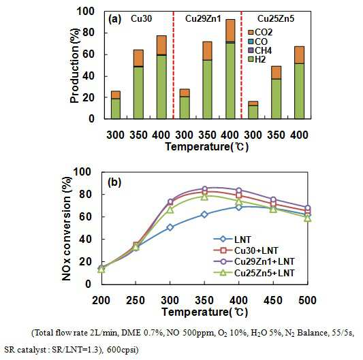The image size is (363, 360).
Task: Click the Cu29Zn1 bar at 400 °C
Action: (x=230, y=69)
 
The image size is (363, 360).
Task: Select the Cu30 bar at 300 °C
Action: (x=116, y=105)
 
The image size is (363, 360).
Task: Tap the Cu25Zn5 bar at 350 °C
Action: (x=276, y=93)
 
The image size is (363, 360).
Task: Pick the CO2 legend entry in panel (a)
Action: (x=260, y=32)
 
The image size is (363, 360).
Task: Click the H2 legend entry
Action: (x=257, y=59)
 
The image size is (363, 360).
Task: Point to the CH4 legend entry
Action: (x=260, y=50)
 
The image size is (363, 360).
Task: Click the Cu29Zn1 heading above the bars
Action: (x=203, y=19)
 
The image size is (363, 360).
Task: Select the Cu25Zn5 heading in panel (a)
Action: (x=276, y=19)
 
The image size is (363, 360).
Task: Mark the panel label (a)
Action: (x=115, y=19)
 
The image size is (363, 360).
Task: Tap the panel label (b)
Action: (x=114, y=182)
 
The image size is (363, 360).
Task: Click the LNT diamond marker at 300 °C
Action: (x=170, y=227)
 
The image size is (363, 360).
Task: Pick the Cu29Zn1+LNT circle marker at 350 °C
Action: (x=204, y=189)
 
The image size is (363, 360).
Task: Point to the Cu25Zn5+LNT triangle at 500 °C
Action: (x=307, y=218)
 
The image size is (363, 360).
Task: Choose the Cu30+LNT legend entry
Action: (x=245, y=250)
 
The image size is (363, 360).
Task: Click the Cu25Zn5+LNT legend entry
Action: (x=254, y=273)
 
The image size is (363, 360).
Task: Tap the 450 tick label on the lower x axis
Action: (x=273, y=300)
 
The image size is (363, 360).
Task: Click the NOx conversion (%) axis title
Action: (x=67, y=229)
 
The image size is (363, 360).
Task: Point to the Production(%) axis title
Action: (x=74, y=65)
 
